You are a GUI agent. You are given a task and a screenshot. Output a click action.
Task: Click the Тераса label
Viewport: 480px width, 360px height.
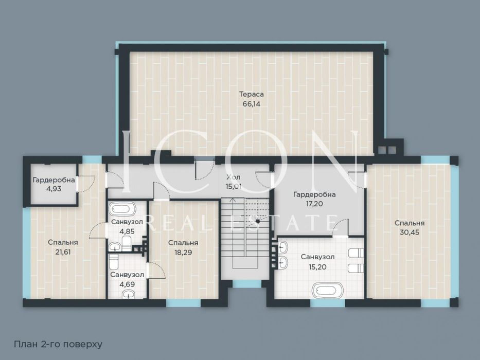tap(252, 94)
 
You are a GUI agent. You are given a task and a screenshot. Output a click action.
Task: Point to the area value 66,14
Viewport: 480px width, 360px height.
tap(252, 103)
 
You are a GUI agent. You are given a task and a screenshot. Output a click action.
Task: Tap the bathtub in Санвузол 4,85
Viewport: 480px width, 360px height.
tap(122, 209)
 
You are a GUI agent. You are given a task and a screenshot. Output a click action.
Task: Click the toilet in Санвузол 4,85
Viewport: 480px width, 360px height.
tap(126, 241)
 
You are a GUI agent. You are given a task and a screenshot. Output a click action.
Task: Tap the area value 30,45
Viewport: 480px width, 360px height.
tap(410, 232)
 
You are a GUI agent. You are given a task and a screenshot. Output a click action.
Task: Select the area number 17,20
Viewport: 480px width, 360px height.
tap(314, 204)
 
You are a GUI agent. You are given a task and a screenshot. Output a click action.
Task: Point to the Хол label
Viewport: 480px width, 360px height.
tap(233, 177)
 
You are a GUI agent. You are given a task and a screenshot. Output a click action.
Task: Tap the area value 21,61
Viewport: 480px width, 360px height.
tap(63, 251)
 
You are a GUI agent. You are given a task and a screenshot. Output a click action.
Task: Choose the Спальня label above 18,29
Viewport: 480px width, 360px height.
tap(183, 243)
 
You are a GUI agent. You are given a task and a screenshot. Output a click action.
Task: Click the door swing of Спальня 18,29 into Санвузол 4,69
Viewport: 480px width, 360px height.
tap(155, 270)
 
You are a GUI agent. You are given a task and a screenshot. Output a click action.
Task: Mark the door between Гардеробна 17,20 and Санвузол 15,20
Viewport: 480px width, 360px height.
tap(341, 228)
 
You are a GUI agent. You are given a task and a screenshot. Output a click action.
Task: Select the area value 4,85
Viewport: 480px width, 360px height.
tap(127, 231)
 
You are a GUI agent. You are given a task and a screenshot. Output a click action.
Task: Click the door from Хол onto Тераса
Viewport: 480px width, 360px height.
tap(204, 170)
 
